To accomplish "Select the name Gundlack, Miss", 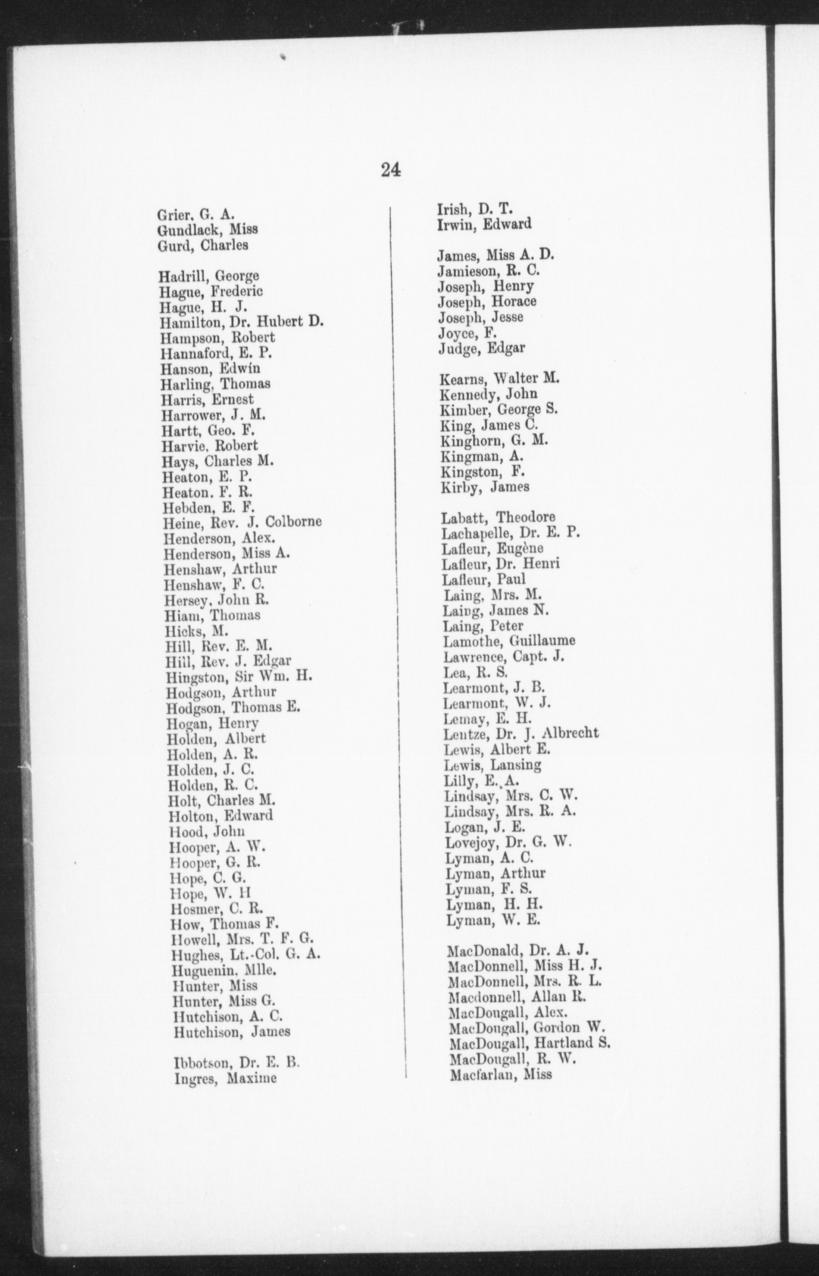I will point(207,230).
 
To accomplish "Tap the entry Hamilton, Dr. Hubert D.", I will point(242,322).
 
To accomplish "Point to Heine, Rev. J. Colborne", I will point(242,522).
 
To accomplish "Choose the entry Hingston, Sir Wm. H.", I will point(238,677).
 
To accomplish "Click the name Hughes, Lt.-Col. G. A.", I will point(246,954).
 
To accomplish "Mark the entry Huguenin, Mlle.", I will point(224,970).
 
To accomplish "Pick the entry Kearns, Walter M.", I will point(500,379).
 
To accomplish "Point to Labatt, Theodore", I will point(498,517).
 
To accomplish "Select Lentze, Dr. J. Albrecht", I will point(520,734).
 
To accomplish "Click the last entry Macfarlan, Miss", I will point(501,1074).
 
